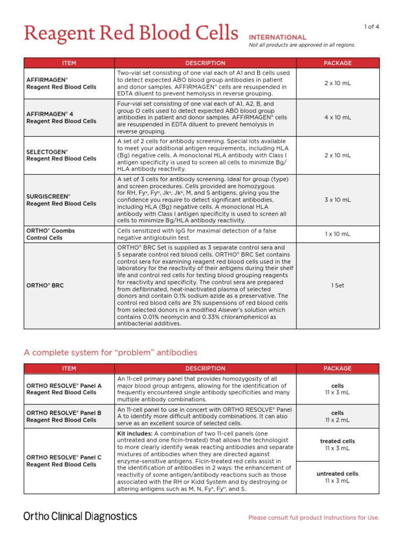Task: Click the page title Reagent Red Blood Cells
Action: click(131, 34)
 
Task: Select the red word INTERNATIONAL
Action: click(277, 37)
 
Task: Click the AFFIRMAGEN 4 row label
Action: click(61, 117)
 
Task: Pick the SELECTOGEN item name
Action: click(61, 155)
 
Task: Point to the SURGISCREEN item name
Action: click(61, 200)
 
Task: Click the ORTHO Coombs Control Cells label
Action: click(51, 234)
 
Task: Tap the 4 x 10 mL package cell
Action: click(337, 117)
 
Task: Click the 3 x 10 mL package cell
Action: click(337, 200)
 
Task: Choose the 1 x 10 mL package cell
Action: click(337, 234)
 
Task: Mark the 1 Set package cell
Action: click(337, 285)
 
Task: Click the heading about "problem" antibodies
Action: click(111, 352)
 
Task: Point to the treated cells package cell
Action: click(337, 445)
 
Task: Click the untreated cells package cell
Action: click(337, 477)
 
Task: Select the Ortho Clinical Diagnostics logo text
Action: click(80, 517)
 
